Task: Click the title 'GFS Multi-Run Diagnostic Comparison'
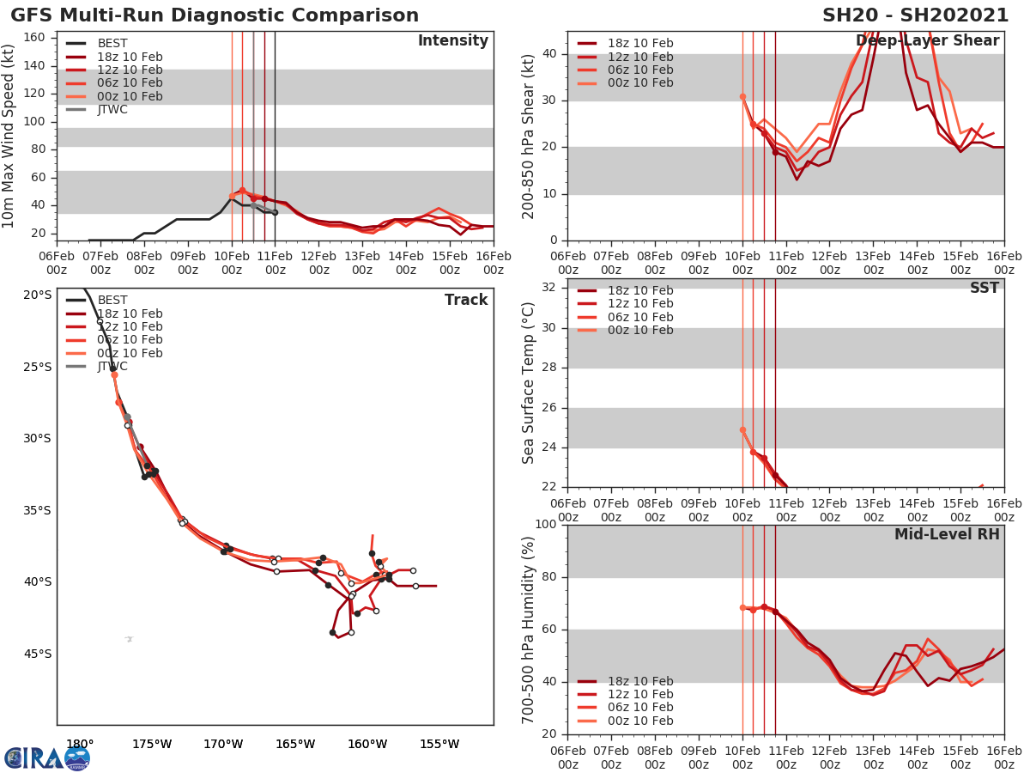215,15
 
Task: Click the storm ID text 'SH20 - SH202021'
915,15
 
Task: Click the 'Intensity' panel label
452,41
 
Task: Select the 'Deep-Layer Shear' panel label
927,41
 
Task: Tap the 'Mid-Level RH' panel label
947,534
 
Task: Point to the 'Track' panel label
466,300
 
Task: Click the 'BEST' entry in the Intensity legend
112,44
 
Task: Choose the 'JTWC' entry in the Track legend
112,366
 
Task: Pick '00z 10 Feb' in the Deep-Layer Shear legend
640,83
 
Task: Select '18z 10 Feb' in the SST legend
640,290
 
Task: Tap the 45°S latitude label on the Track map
37,654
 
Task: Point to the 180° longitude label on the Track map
80,745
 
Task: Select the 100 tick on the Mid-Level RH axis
544,525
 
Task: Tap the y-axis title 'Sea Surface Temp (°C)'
529,382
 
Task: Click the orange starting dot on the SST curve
742,430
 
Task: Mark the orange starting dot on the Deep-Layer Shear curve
742,97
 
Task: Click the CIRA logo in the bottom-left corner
47,758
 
